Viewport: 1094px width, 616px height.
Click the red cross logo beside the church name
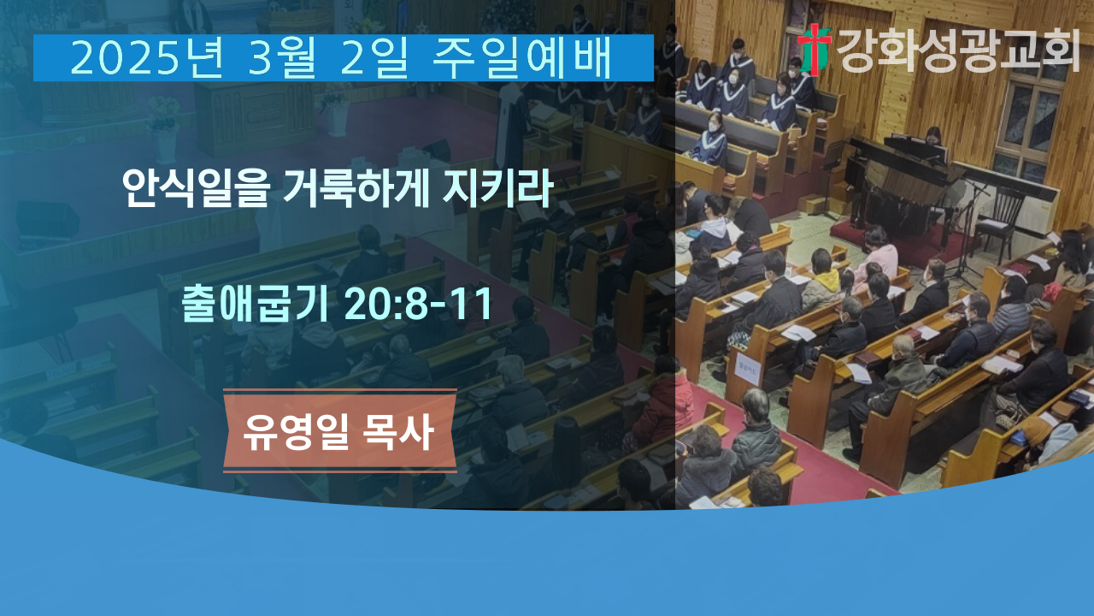coord(815,50)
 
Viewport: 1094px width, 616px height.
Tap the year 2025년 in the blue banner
coord(147,58)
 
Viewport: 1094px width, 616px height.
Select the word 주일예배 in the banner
coord(522,58)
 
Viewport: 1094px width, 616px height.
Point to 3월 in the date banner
coord(282,58)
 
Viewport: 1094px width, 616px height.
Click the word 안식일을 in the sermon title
coord(197,188)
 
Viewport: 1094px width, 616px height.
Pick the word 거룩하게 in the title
coord(356,188)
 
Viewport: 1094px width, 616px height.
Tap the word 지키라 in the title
coord(497,188)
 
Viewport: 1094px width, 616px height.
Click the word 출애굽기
coord(255,304)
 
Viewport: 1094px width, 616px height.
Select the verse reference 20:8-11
coord(418,304)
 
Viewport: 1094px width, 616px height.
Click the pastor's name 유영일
coord(296,432)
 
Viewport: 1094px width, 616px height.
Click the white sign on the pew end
coord(748,370)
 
